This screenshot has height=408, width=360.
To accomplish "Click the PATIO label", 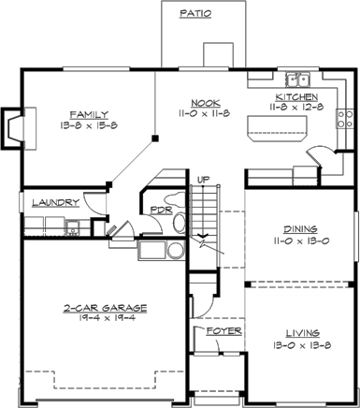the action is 195,13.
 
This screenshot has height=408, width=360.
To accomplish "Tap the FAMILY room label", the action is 89,114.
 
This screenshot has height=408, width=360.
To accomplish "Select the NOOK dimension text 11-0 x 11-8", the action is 204,113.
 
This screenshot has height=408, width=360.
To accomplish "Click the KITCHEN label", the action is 296,96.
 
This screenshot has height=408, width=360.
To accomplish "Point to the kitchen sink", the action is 297,80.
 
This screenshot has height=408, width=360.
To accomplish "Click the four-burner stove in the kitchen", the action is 345,119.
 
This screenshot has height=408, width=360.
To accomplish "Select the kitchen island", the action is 277,128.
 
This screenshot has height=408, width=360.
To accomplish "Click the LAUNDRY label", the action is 56,203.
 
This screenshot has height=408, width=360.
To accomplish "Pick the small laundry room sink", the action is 73,227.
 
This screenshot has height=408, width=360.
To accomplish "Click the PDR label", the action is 161,210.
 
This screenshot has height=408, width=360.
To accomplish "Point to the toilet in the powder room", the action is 179,222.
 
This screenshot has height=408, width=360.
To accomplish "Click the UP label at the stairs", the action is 204,180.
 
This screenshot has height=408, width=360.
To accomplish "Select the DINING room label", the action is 300,229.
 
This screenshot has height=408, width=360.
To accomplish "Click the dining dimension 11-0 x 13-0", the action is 301,240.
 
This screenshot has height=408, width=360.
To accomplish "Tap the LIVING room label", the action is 303,333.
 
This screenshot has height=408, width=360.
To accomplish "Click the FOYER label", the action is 224,331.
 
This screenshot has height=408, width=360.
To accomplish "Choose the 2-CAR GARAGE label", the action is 105,308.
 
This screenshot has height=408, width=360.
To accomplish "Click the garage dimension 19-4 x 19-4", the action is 105,318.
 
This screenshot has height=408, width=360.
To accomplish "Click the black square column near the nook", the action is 155,138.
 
